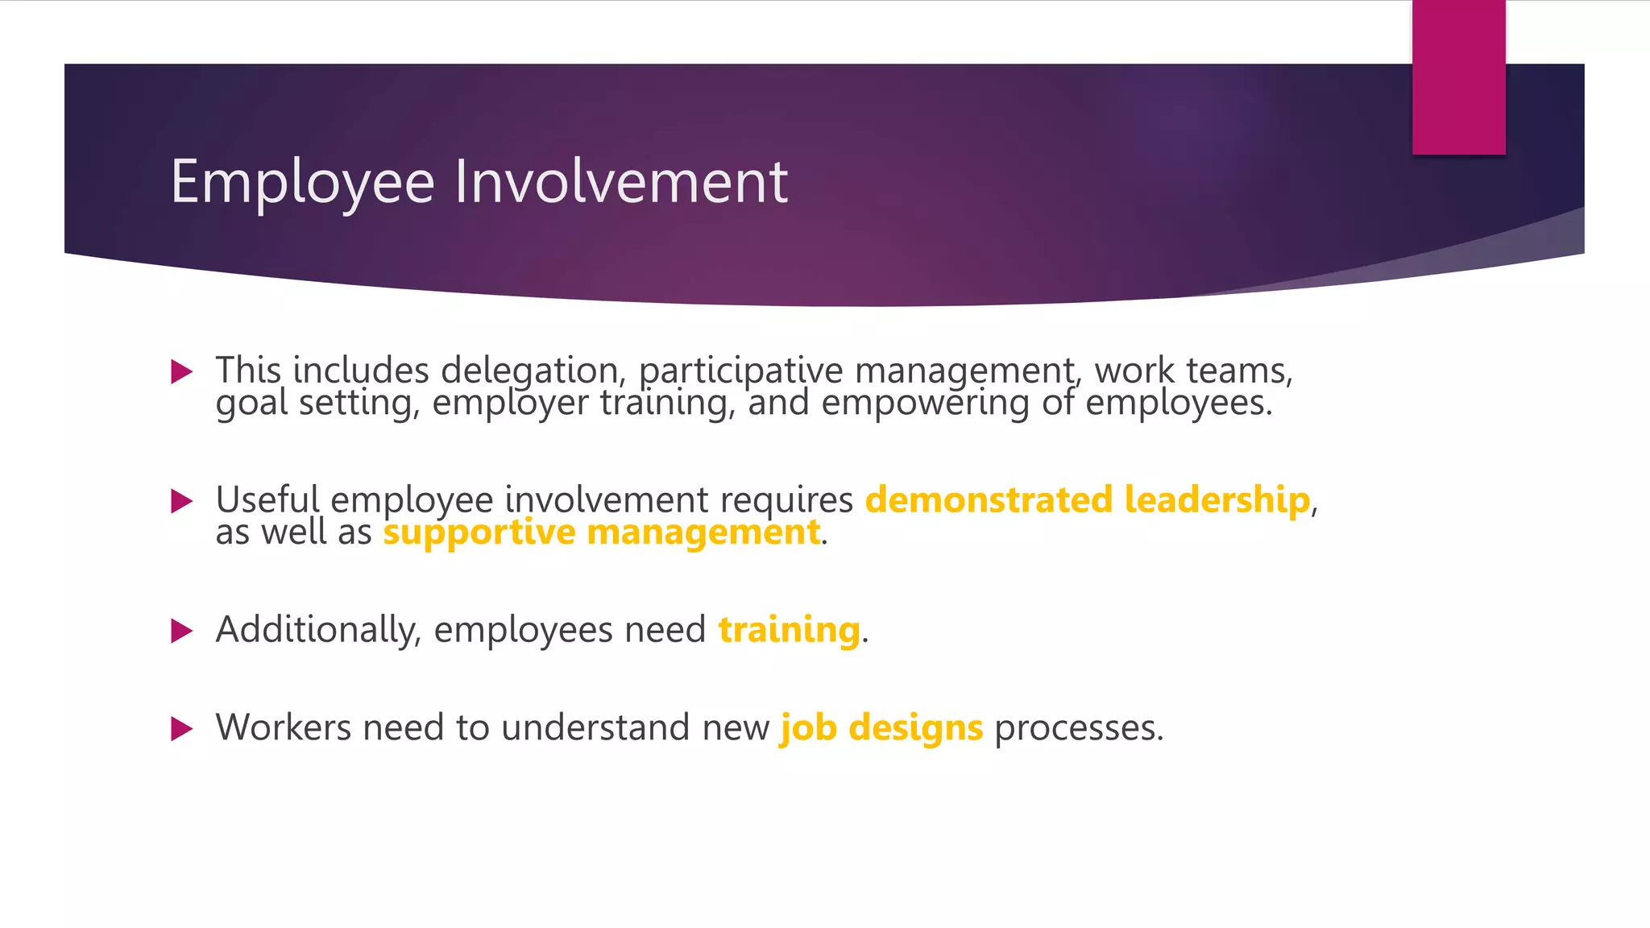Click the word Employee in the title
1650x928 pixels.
point(302,183)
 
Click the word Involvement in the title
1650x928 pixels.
point(620,181)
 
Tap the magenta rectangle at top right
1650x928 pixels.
point(1458,77)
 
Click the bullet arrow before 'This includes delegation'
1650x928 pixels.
point(182,371)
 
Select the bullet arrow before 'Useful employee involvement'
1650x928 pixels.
point(182,501)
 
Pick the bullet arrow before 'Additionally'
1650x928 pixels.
point(182,631)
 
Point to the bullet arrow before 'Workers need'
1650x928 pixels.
point(182,729)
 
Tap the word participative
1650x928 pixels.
point(740,371)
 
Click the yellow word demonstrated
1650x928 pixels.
point(989,499)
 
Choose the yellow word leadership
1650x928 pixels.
point(1217,499)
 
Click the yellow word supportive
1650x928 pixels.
point(479,532)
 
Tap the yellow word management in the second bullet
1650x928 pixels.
point(703,532)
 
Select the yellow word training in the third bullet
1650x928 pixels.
point(789,630)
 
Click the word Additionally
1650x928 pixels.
point(318,630)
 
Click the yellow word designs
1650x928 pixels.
point(916,728)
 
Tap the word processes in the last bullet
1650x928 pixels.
point(1078,728)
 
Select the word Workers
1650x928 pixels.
point(283,727)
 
